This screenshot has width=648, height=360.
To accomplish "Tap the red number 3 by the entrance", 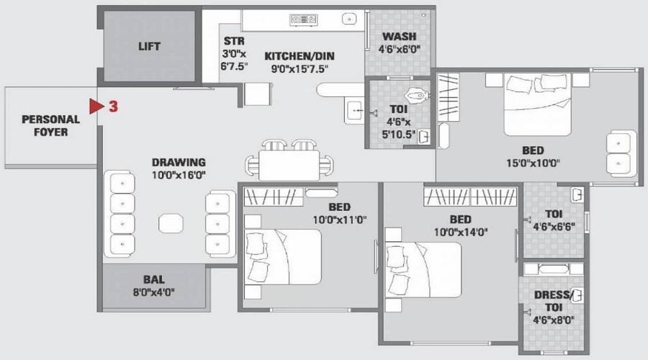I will tap(114, 107).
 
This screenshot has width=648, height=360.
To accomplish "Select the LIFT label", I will tap(149, 47).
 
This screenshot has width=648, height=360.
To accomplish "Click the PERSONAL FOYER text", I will tap(50, 125).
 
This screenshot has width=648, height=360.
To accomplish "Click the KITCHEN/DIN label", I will tap(299, 56).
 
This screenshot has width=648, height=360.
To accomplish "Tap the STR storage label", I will tap(233, 41).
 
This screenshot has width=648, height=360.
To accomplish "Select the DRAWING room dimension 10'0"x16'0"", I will tap(179, 175).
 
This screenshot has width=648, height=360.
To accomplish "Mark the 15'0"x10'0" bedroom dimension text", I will tap(533, 163).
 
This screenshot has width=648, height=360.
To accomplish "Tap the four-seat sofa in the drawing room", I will tap(120, 214).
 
